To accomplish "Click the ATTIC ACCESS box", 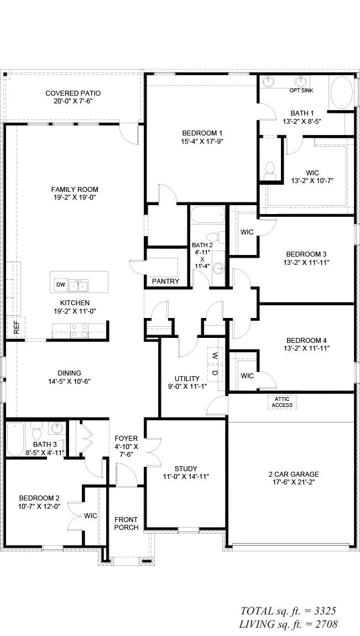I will (x=283, y=402).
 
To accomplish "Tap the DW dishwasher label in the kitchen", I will (x=60, y=285).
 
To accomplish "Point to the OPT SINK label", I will (x=301, y=90).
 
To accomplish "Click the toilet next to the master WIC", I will (x=270, y=169).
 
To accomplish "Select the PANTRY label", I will (x=165, y=281).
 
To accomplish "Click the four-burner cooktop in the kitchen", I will (x=79, y=330).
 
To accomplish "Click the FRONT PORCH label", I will (x=126, y=523).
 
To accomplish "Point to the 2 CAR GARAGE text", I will (x=294, y=474).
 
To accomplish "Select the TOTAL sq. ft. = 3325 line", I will (x=288, y=611).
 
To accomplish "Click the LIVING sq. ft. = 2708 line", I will (x=288, y=624).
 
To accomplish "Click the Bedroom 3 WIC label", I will (x=247, y=232).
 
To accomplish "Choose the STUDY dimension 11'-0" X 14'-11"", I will (x=186, y=476).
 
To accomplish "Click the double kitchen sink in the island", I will (x=80, y=285).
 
